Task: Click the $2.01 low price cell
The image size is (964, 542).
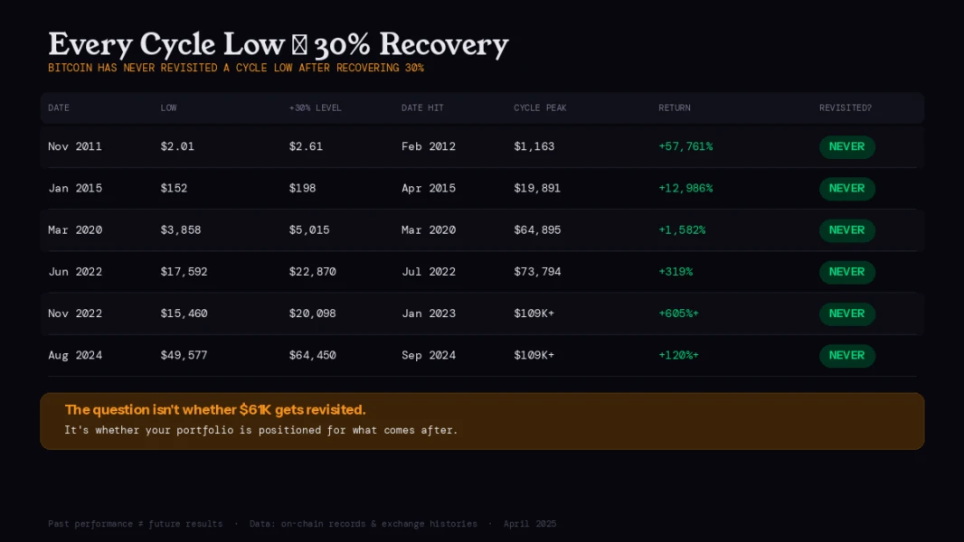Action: pyautogui.click(x=177, y=146)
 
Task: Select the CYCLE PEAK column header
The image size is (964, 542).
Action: pyautogui.click(x=540, y=108)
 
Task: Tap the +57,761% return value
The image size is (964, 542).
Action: pyautogui.click(x=685, y=146)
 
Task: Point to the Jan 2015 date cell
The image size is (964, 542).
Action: pyautogui.click(x=75, y=188)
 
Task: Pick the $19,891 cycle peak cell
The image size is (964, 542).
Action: pyautogui.click(x=537, y=188)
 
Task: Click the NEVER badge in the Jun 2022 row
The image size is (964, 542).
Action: pyautogui.click(x=846, y=272)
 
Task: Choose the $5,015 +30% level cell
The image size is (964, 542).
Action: pyautogui.click(x=309, y=230)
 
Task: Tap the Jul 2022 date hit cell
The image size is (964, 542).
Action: pyautogui.click(x=429, y=272)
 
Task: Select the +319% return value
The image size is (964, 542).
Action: pyautogui.click(x=676, y=272)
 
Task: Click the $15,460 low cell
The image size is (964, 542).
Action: pyautogui.click(x=184, y=313)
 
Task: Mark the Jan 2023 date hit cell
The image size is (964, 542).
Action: pyautogui.click(x=429, y=313)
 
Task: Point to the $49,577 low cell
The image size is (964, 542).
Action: pyautogui.click(x=184, y=355)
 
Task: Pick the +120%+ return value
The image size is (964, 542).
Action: pyautogui.click(x=678, y=355)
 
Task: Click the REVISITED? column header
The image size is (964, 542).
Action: pyautogui.click(x=846, y=108)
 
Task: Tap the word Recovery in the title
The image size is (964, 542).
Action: pyautogui.click(x=444, y=44)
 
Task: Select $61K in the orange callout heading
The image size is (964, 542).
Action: pyautogui.click(x=255, y=410)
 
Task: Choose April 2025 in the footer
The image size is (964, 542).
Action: pyautogui.click(x=530, y=524)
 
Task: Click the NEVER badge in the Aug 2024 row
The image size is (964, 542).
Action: pyautogui.click(x=846, y=355)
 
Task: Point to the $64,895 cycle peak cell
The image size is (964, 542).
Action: pyautogui.click(x=537, y=230)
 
